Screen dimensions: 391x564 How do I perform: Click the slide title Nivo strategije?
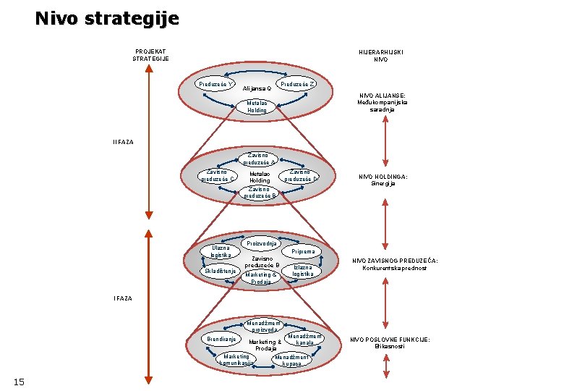pyautogui.click(x=106, y=18)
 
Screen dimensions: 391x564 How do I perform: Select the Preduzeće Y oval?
pyautogui.click(x=217, y=84)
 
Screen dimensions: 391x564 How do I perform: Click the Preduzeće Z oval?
pyautogui.click(x=298, y=84)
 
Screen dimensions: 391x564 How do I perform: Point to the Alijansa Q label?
pyautogui.click(x=257, y=89)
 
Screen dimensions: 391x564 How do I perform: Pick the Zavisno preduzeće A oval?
pyautogui.click(x=259, y=159)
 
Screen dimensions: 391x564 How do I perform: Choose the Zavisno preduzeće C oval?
pyautogui.click(x=218, y=175)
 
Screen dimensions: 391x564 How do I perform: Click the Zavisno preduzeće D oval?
pyautogui.click(x=299, y=175)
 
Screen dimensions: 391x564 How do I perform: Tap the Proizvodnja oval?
pyautogui.click(x=262, y=243)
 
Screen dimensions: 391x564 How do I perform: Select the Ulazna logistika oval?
pyautogui.click(x=216, y=251)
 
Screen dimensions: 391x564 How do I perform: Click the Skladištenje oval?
pyautogui.click(x=220, y=272)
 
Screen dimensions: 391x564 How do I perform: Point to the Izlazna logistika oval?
pyautogui.click(x=303, y=271)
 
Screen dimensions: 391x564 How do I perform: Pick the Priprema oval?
pyautogui.click(x=303, y=252)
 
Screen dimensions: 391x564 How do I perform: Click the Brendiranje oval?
pyautogui.click(x=221, y=339)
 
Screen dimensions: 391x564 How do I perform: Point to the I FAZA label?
pyautogui.click(x=123, y=298)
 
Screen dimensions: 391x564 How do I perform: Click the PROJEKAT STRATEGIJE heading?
pyautogui.click(x=150, y=55)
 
